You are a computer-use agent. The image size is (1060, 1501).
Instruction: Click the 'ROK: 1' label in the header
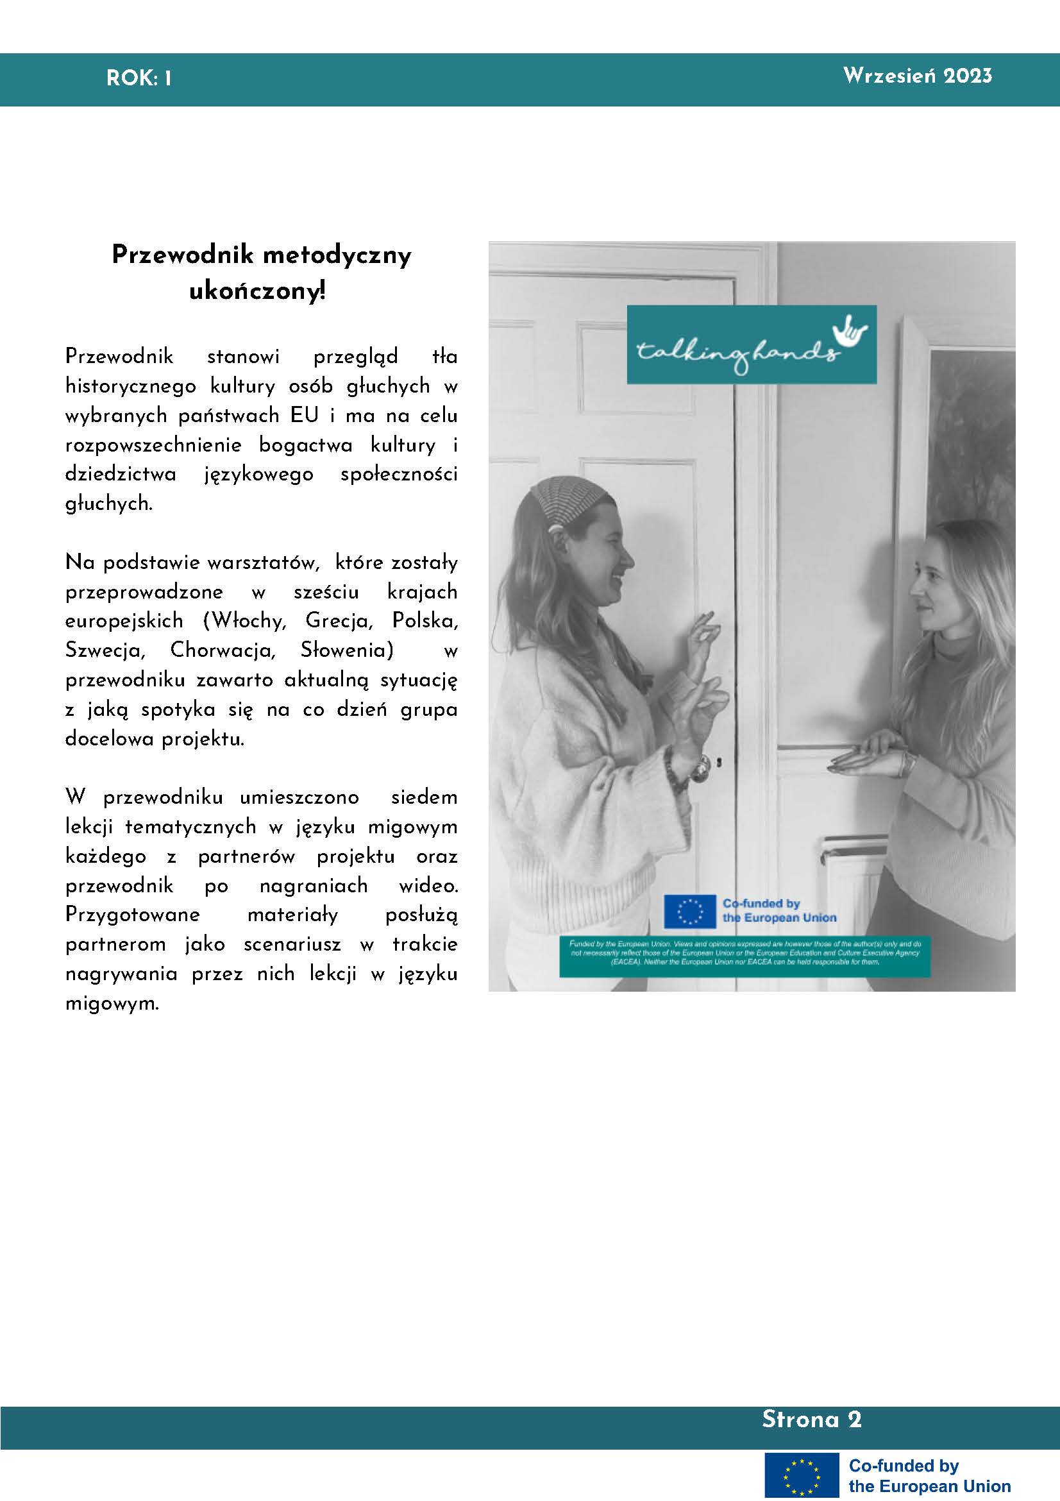[x=139, y=79]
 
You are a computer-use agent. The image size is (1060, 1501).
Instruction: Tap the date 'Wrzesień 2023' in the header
[x=917, y=76]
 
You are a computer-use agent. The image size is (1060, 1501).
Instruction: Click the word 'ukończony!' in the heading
[x=257, y=291]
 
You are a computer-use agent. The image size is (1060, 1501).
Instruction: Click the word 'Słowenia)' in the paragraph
[x=347, y=650]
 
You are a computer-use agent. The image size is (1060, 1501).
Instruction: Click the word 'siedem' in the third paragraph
[x=424, y=797]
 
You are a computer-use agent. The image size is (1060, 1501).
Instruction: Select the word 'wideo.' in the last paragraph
[x=428, y=886]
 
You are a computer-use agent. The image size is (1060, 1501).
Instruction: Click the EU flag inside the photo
[x=689, y=911]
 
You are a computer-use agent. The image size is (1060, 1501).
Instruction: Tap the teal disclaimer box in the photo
[x=745, y=956]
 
